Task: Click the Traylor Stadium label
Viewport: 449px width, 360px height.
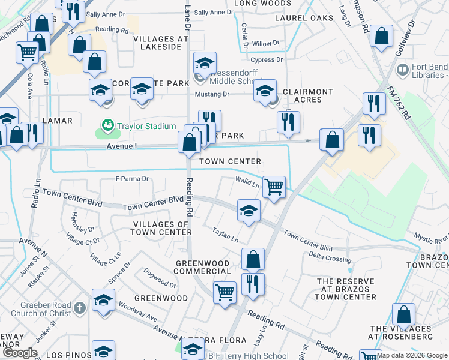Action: [146, 126]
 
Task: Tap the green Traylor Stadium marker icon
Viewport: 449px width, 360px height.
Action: [107, 125]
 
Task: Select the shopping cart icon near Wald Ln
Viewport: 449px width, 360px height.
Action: [274, 187]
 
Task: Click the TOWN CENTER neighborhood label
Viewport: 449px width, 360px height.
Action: [231, 161]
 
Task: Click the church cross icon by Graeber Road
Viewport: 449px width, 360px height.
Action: [80, 308]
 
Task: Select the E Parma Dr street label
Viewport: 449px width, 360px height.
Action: [131, 179]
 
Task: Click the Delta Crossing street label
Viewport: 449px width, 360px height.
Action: [330, 259]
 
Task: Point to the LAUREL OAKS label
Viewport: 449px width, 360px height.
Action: [304, 18]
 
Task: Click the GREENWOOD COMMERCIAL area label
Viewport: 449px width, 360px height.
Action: [202, 267]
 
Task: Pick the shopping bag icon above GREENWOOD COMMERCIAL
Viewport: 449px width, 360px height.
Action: [253, 259]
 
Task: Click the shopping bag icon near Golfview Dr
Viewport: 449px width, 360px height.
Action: [381, 36]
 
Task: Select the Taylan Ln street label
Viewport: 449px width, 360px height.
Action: [225, 235]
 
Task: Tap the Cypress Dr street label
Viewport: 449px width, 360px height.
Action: [267, 59]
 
